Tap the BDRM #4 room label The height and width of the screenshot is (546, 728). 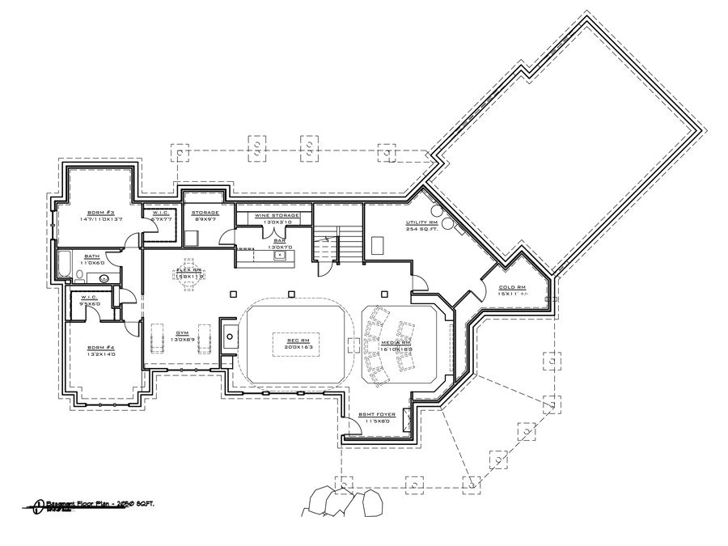click(99, 348)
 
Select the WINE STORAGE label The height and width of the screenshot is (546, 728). click(277, 216)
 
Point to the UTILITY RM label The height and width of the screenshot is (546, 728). click(422, 222)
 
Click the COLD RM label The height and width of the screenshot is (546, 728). click(513, 287)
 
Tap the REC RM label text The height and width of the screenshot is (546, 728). click(298, 341)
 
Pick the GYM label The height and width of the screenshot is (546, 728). click(182, 332)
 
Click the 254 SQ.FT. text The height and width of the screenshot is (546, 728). click(422, 229)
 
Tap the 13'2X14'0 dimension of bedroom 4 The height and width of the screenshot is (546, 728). click(99, 355)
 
